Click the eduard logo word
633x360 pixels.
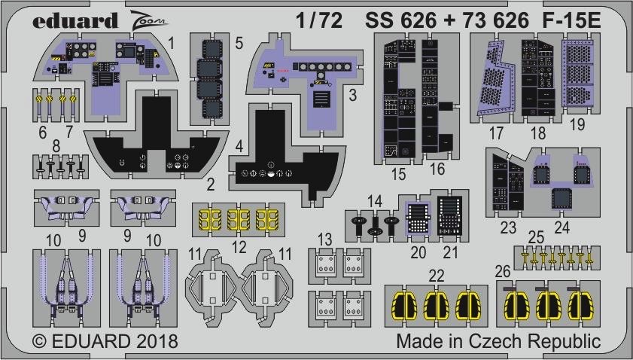(x=75, y=20)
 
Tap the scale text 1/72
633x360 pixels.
(x=319, y=20)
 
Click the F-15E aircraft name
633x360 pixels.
(x=571, y=20)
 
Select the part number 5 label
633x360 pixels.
(x=239, y=43)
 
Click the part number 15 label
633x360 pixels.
(x=398, y=174)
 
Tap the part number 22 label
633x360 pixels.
(x=437, y=276)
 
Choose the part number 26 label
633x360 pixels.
(x=503, y=272)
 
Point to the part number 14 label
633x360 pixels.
(x=374, y=201)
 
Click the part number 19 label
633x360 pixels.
(x=577, y=124)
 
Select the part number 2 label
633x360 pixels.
(x=210, y=185)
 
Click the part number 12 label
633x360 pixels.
(x=239, y=247)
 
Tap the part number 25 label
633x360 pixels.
(x=536, y=237)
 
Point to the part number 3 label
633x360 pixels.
(x=352, y=96)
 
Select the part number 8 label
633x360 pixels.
(x=56, y=145)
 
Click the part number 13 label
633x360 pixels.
(x=324, y=239)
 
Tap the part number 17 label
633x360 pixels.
(x=496, y=133)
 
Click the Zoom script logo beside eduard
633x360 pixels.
(x=148, y=20)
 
